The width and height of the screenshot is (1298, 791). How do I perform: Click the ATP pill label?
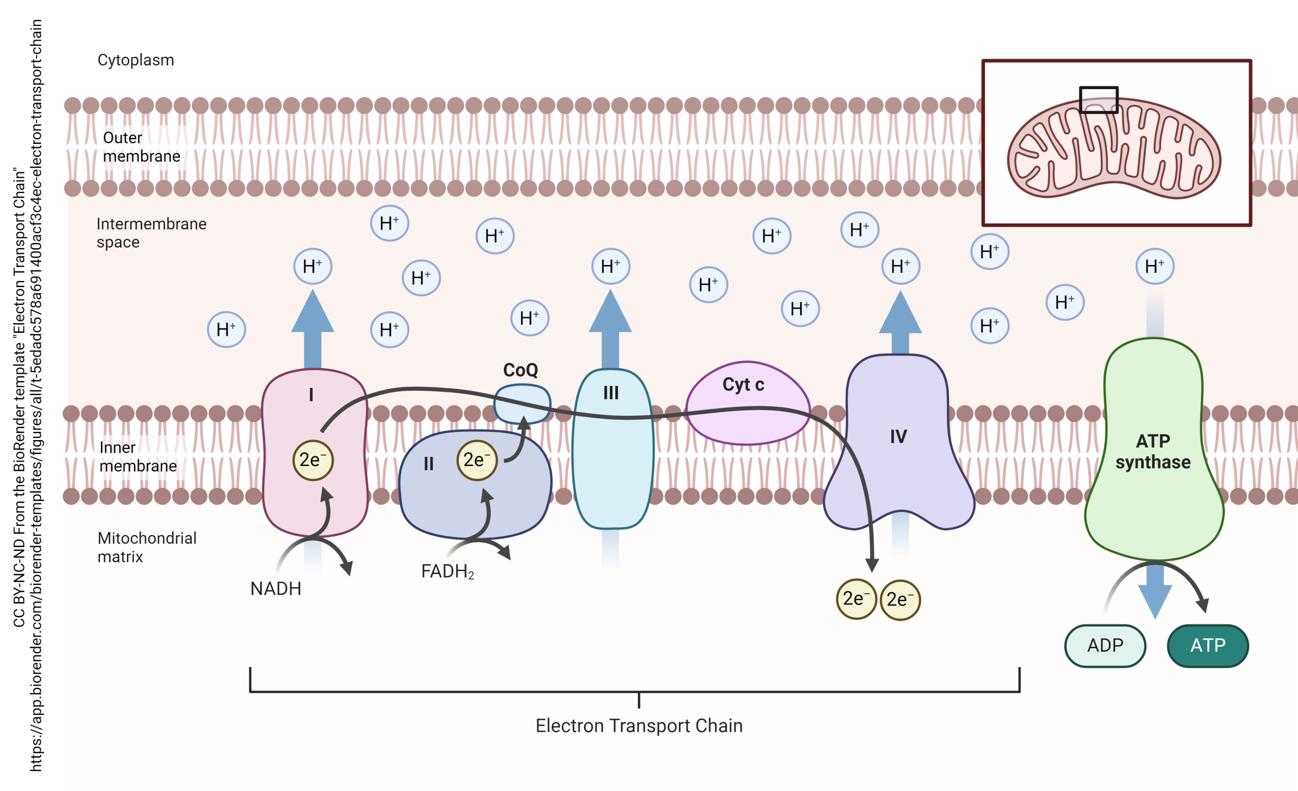1207,646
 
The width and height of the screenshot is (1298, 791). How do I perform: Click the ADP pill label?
1105,646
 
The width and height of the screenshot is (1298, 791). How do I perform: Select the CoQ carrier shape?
522,404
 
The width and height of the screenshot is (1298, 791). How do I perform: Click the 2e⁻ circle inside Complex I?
313,460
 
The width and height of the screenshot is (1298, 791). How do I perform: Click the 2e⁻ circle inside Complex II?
477,460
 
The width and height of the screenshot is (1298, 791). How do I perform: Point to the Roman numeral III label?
610,392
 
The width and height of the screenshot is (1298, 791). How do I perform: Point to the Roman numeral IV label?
898,437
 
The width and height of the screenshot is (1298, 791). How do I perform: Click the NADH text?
275,588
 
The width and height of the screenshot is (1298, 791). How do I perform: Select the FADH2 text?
447,572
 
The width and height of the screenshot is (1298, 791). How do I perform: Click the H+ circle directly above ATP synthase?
1155,266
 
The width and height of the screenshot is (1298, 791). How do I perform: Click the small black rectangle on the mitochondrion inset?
1098,100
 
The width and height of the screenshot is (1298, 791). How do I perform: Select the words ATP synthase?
1152,451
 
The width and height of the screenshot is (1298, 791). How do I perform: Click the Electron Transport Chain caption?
638,726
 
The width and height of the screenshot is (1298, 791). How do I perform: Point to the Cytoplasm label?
135,60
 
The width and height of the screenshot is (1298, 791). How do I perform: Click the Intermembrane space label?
151,232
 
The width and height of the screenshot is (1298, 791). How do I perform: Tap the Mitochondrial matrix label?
147,547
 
